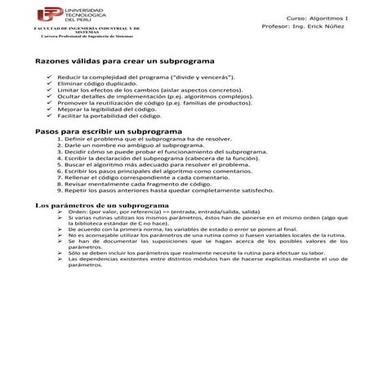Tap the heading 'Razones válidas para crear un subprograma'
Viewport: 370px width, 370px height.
pyautogui.click(x=124, y=61)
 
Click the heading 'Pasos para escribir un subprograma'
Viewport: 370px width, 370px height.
pyautogui.click(x=102, y=132)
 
